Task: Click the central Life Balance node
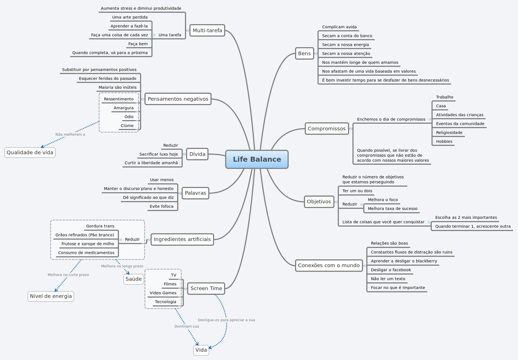coord(257,159)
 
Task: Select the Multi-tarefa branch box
coord(207,31)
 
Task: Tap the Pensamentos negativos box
coord(178,99)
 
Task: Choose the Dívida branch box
coord(197,154)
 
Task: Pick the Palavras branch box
coord(195,193)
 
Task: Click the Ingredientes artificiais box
coord(182,239)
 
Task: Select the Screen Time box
coord(206,288)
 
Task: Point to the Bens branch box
coord(304,54)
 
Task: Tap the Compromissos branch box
coord(327,129)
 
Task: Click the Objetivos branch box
coord(319,202)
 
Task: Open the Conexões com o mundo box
coord(329,265)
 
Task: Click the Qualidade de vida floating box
coord(30,153)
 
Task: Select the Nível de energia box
coord(51,296)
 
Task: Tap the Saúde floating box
coord(133,279)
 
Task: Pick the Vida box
coord(201,350)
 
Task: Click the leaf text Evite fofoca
coord(161,206)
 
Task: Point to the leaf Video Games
coord(163,293)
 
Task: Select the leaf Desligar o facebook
coord(391,270)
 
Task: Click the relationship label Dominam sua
coord(187,326)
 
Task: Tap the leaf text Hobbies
coord(444,141)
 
